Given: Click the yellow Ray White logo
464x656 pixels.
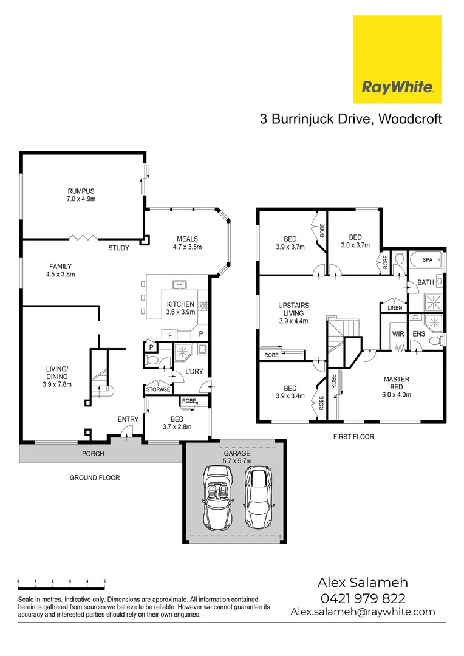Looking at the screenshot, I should click(397, 59).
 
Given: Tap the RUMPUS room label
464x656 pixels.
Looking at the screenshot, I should click(81, 194).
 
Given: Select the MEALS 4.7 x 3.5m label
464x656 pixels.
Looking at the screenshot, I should click(188, 242).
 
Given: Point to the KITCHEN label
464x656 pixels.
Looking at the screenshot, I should click(180, 308).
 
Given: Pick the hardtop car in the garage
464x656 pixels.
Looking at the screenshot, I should click(258, 497).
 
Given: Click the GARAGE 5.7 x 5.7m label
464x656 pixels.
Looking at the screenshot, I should click(236, 457).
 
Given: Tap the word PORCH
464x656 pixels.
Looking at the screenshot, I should click(93, 454).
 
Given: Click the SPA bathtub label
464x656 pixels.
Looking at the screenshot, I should click(427, 259).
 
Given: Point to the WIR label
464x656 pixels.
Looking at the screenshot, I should click(398, 333).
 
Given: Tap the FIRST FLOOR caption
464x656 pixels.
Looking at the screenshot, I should click(353, 436).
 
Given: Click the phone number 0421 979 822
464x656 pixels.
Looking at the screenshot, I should click(363, 598).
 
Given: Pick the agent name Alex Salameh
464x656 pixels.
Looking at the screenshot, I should click(362, 582).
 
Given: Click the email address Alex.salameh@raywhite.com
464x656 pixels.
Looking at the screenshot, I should click(363, 612).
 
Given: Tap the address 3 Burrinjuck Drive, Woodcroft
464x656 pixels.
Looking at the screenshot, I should click(350, 119).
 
